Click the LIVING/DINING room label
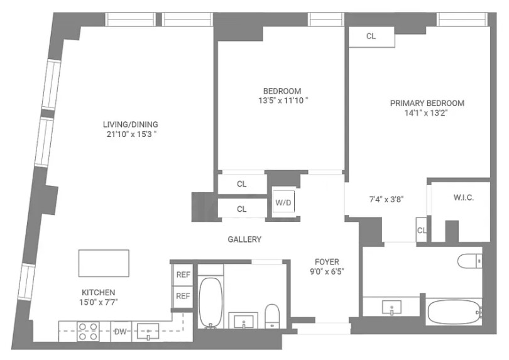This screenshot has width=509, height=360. click(x=131, y=124)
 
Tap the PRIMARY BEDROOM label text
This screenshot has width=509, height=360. click(x=427, y=103)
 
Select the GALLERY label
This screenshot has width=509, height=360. click(x=244, y=239)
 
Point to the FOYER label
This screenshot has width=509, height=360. click(x=327, y=261)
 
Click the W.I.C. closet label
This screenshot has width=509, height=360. click(x=463, y=198)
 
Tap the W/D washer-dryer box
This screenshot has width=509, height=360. click(x=283, y=203)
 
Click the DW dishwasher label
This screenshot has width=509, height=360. click(x=119, y=330)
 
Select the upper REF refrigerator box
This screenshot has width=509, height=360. click(x=183, y=275)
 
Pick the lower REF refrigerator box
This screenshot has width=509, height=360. click(x=183, y=296)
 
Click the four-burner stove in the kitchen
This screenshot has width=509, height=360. click(x=87, y=330)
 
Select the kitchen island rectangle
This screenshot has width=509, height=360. click(x=104, y=263)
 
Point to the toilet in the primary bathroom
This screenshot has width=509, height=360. click(x=469, y=261)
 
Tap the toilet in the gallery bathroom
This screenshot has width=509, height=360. click(x=272, y=315)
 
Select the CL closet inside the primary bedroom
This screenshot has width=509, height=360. click(x=371, y=36)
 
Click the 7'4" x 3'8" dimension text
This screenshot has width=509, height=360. click(x=386, y=199)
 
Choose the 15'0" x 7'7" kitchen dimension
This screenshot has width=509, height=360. click(x=98, y=302)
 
